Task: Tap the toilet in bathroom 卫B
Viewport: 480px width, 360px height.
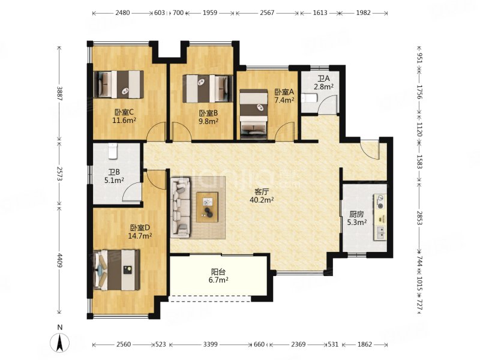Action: (x=113, y=151)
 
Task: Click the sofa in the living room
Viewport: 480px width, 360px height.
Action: (x=181, y=208)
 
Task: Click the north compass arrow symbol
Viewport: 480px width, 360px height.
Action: (x=60, y=342)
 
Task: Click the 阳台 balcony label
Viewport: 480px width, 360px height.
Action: (x=218, y=272)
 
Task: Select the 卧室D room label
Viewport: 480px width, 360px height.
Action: (x=140, y=228)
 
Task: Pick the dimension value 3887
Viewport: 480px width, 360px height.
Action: (x=59, y=94)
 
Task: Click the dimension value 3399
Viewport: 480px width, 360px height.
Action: (x=211, y=344)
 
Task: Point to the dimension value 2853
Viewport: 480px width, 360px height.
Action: (x=419, y=218)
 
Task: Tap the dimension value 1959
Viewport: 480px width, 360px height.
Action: (x=210, y=13)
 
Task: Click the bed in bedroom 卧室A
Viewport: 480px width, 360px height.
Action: (x=253, y=113)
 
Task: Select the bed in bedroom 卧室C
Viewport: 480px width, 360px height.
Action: (x=119, y=85)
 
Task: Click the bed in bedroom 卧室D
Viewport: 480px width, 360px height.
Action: (x=116, y=270)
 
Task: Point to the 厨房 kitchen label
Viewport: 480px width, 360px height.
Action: (x=356, y=214)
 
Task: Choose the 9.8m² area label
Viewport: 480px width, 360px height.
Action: (x=208, y=121)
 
